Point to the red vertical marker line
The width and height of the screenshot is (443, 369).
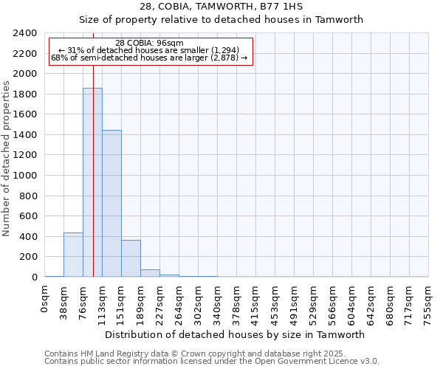(94, 148)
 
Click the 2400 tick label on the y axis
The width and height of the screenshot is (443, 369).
(25, 33)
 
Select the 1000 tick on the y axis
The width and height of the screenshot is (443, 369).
(25, 176)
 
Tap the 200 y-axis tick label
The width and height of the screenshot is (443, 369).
(28, 257)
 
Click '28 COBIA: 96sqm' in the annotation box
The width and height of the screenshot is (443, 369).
(151, 43)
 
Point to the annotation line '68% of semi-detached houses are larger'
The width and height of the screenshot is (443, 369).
(151, 58)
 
